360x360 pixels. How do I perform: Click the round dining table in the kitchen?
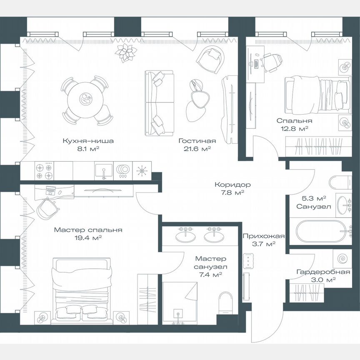coord(86,98)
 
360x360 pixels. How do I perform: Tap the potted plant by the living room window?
coord(126,52)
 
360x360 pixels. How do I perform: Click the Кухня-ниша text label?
coord(88,141)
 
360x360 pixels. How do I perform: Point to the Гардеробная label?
coord(317,272)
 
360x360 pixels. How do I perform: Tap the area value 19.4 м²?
coord(88,237)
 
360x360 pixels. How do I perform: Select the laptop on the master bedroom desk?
coord(50,190)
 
